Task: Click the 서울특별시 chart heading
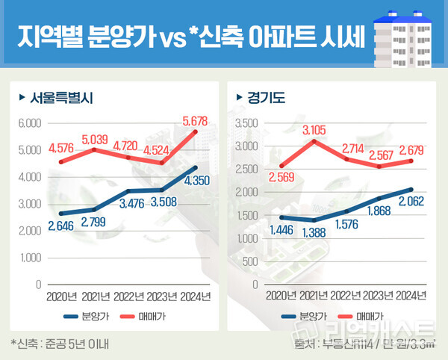(62, 97)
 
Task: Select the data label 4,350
(192, 181)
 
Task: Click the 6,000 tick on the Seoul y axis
(29, 123)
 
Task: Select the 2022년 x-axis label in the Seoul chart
(128, 297)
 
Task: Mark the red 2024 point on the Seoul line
(195, 132)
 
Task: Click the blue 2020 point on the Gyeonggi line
(282, 217)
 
